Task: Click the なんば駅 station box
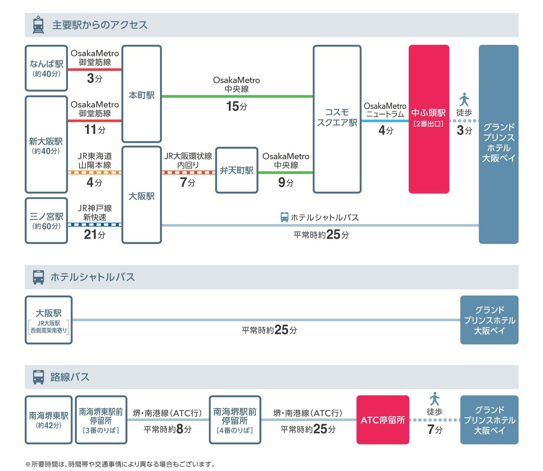coord(46,68)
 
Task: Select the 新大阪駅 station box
coord(46,144)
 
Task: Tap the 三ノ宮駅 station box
coord(46,220)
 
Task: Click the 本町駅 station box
coord(141,94)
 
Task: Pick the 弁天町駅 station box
coord(236,170)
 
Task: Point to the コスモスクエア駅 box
coord(337,119)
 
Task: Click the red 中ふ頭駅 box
coord(429,119)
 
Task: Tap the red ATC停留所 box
coord(383,420)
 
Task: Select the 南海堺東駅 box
coord(48,420)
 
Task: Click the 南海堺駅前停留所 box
coord(235,420)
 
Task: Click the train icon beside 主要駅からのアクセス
coord(38,25)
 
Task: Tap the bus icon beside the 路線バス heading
coord(38,377)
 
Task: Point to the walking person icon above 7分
coord(434,399)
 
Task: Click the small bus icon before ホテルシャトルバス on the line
coord(284,217)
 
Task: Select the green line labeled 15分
coord(237,96)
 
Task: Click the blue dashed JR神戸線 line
coord(95,224)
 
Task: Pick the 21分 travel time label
coord(95,235)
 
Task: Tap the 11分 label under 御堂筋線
coord(95,130)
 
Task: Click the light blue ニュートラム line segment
coord(385,121)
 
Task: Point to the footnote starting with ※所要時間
coord(120,464)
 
